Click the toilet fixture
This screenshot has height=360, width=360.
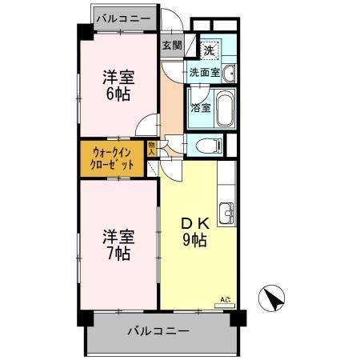(209, 146)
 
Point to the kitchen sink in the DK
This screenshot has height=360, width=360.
(226, 214)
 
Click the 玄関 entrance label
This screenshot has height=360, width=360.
(172, 45)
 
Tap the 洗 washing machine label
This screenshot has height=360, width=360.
(207, 50)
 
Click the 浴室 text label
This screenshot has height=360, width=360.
(200, 108)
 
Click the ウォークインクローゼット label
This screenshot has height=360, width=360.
(112, 158)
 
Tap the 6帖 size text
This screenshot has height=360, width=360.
(117, 94)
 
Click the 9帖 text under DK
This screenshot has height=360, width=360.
(194, 240)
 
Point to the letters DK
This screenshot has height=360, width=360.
(194, 222)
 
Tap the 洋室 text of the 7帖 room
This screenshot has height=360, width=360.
(117, 237)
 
